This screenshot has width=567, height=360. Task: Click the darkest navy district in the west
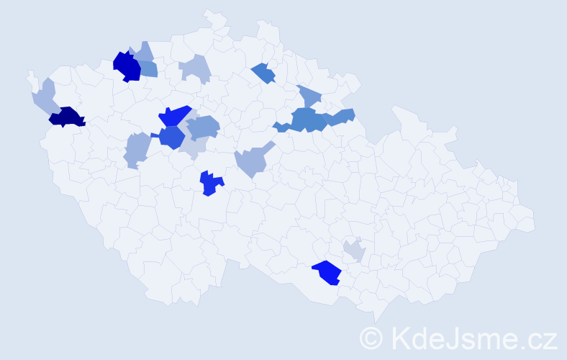(67, 117)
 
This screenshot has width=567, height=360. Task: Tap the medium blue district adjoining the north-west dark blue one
(148, 69)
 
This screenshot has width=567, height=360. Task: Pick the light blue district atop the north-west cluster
(143, 52)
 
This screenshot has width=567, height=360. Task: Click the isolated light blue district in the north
(196, 69)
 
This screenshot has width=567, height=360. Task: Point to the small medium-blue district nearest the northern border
(263, 73)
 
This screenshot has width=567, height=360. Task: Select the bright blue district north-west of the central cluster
(173, 115)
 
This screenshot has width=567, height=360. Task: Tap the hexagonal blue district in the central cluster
(172, 137)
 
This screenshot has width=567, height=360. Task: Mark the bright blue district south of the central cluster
(210, 184)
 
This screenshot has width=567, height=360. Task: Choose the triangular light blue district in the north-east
(309, 95)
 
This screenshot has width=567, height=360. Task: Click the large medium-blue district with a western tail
(305, 120)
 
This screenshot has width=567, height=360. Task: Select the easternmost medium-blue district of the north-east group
(343, 117)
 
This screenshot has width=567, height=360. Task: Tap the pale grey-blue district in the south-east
(354, 251)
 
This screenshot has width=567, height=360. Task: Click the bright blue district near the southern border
(328, 272)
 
